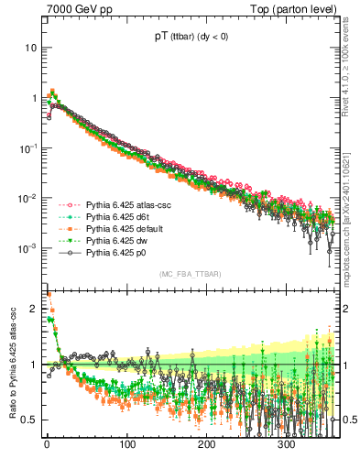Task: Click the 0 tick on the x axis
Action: click(x=46, y=445)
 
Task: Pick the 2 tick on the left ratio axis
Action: click(x=34, y=309)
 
